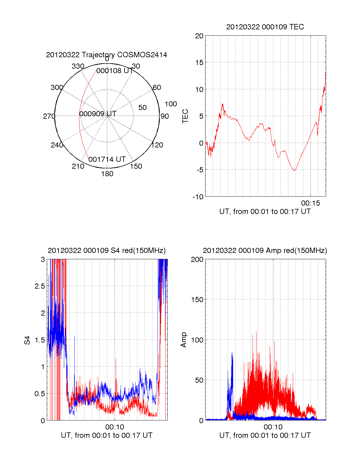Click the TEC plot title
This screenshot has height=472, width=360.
point(265,27)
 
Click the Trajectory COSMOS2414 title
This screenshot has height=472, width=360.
point(106,55)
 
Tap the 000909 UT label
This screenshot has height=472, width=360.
point(98,114)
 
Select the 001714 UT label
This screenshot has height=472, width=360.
point(107,159)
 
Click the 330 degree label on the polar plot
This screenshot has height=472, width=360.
point(78,66)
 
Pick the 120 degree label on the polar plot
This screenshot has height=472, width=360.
point(157,145)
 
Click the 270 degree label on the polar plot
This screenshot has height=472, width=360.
point(49,116)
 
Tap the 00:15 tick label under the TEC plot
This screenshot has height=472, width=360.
point(310,203)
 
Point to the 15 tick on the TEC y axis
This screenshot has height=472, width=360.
point(199,63)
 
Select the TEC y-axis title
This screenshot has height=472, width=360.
point(185,116)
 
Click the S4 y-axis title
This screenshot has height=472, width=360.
point(27,340)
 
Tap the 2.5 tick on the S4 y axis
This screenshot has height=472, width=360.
point(40,286)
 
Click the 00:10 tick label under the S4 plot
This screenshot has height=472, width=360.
point(115,427)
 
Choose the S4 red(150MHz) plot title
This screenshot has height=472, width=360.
point(106,251)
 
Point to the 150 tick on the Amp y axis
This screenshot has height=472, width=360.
point(197,300)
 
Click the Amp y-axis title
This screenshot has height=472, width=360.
point(184,340)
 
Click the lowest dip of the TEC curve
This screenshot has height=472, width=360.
point(294,171)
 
